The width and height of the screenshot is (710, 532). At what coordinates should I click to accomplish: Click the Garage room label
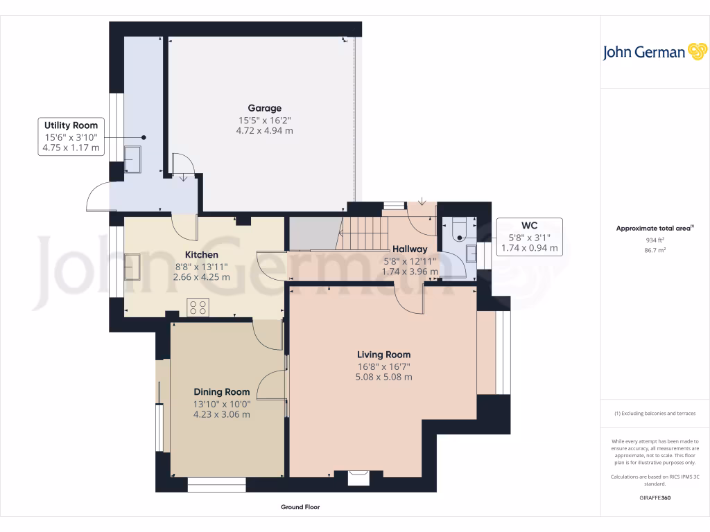coord(265,108)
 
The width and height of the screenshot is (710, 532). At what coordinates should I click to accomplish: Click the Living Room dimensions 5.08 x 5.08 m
coord(384,378)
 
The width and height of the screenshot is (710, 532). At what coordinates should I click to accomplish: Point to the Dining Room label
coord(221,392)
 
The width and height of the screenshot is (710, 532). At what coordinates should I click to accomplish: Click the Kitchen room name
coord(201,255)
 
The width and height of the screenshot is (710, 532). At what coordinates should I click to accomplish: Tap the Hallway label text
coord(410,249)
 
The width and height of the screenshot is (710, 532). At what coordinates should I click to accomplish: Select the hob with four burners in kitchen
coord(198,307)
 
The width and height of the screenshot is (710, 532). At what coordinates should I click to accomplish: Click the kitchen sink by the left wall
coord(132,267)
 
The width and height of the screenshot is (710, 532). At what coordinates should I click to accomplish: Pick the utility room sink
coord(132,159)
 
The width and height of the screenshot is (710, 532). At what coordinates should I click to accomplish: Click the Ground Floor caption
coord(300,507)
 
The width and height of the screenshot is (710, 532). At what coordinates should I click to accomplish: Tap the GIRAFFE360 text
coord(655,498)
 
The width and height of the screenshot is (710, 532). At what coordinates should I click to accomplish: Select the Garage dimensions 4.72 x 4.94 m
coord(265,130)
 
